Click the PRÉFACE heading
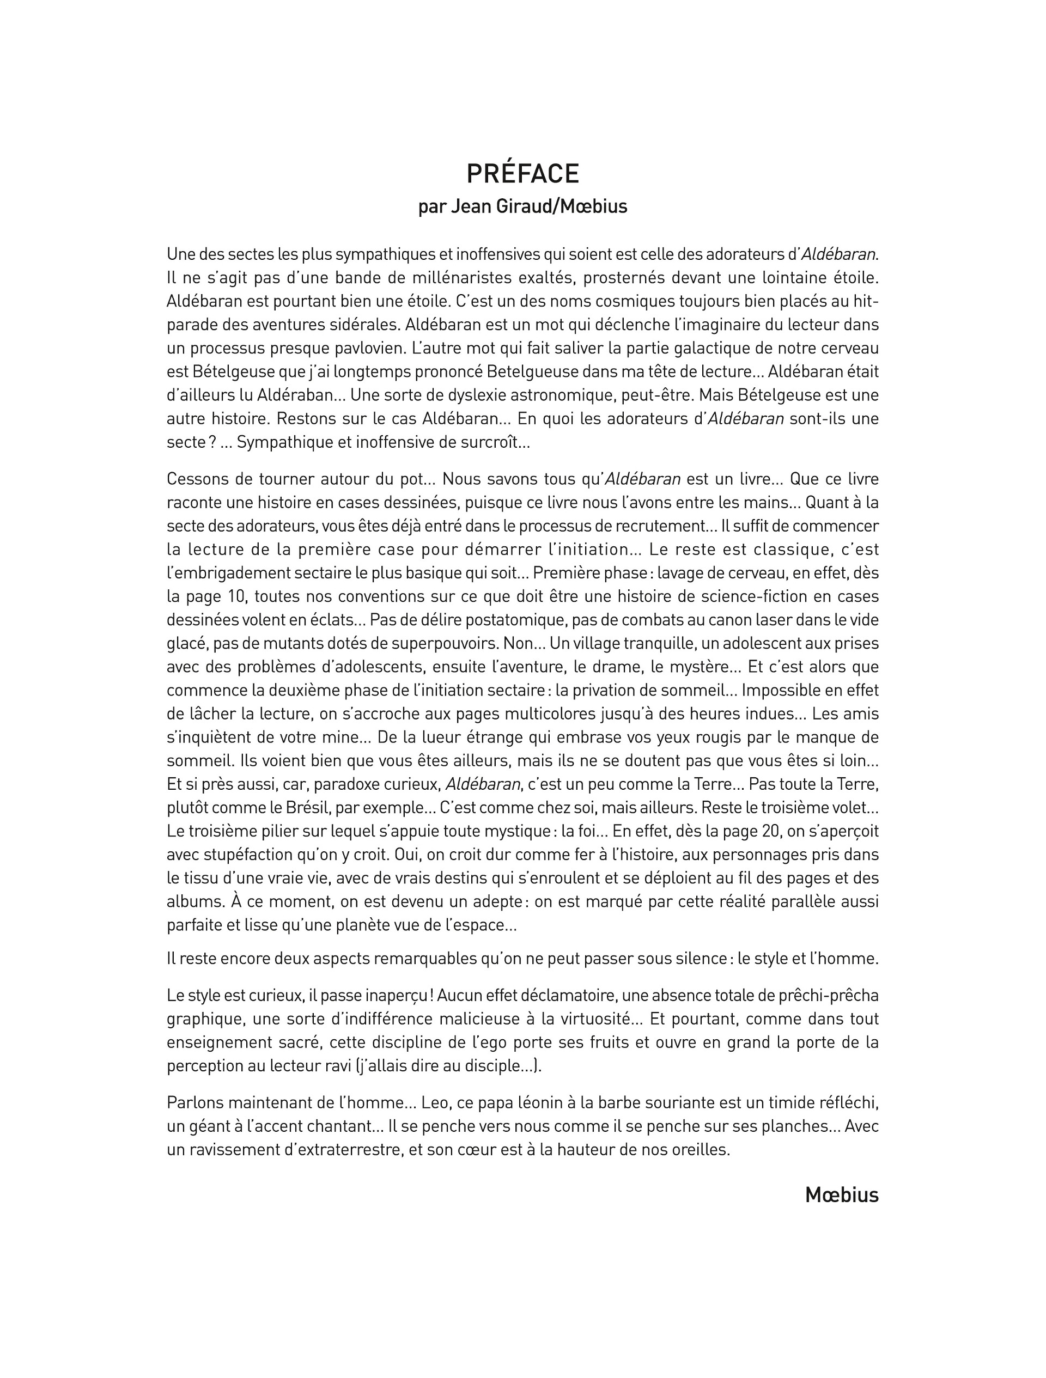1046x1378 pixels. click(522, 174)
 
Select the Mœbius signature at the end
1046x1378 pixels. click(841, 1194)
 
